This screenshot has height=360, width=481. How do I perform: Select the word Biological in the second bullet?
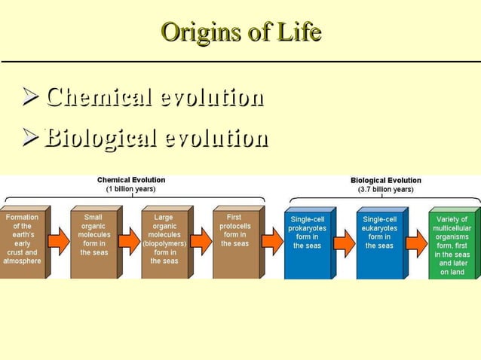tap(101, 139)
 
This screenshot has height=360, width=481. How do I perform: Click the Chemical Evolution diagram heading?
tap(131, 180)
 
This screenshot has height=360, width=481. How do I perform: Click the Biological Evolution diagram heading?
tap(385, 181)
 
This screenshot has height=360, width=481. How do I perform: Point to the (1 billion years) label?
tap(131, 189)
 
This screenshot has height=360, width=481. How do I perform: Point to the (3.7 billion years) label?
tap(385, 190)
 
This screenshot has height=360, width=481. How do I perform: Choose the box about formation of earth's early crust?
tap(22, 241)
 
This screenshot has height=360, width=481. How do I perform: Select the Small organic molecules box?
tap(93, 241)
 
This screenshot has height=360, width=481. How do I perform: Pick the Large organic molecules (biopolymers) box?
tap(164, 241)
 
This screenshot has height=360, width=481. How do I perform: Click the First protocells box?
tap(234, 241)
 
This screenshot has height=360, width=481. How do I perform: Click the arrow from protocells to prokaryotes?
tap(272, 241)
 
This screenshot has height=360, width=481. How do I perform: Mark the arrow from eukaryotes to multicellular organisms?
tap(416, 243)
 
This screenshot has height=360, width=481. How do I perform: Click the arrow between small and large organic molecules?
tap(129, 241)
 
